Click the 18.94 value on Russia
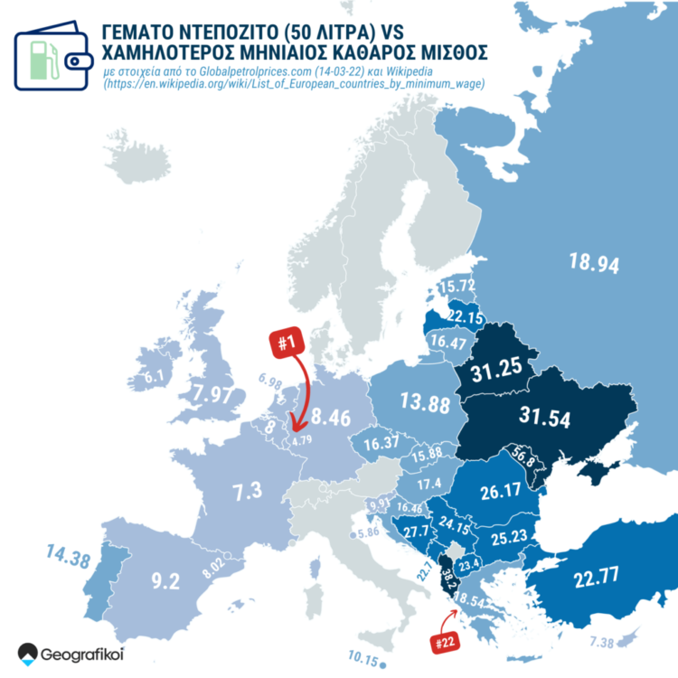(x=593, y=264)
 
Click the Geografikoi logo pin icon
(x=29, y=653)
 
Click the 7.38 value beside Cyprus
(x=602, y=642)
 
